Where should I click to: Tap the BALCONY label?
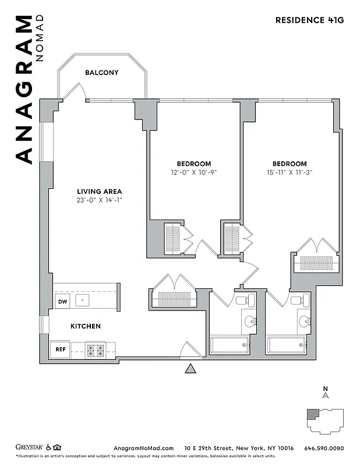[102, 73]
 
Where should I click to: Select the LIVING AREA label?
[100, 191]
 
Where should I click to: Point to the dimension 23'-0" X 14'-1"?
[100, 200]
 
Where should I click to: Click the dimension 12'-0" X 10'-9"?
[194, 172]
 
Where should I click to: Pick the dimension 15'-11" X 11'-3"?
[289, 172]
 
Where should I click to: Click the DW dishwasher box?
[62, 301]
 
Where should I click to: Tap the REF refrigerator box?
[60, 349]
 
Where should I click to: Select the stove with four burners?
[95, 350]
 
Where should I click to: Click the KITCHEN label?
[86, 326]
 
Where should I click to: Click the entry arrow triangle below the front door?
[190, 368]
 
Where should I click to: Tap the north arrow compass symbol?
[326, 394]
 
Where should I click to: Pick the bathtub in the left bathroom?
[230, 345]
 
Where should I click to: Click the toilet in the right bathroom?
[303, 300]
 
